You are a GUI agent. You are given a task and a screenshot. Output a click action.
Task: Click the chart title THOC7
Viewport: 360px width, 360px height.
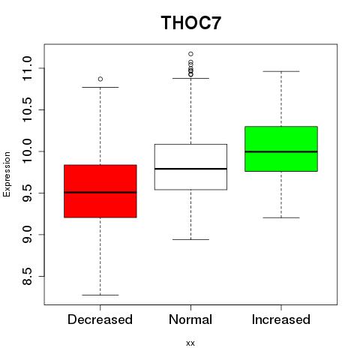coord(191,22)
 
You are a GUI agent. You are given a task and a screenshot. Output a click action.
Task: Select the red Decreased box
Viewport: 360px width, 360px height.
coord(100,191)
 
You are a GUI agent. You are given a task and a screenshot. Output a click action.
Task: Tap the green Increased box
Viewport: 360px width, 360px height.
coord(281,148)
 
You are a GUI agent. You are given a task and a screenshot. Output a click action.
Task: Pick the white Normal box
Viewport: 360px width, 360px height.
coord(190,167)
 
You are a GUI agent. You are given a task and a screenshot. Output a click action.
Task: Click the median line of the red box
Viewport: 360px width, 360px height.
coord(100,192)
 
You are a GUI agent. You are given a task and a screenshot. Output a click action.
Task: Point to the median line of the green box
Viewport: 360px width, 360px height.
coord(281,151)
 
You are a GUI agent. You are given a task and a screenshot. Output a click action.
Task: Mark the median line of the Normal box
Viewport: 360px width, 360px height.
coord(190,169)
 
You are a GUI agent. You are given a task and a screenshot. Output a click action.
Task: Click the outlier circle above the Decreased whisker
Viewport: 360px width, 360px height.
coord(100,79)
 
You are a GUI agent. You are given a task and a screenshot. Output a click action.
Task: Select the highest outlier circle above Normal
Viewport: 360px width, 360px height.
coord(190,54)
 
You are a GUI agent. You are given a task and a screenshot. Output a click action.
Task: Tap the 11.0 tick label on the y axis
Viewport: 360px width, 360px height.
coord(27,68)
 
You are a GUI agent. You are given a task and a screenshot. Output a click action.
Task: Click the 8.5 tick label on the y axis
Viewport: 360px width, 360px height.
coord(27,276)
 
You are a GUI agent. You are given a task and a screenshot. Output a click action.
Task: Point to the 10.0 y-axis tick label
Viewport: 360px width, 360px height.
coord(27,151)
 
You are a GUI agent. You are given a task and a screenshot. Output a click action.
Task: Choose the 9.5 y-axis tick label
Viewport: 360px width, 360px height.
coord(27,193)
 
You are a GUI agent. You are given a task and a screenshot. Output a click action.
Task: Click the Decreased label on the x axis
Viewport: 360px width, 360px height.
coord(100,319)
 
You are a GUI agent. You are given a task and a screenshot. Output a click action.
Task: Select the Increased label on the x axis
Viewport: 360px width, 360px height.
coord(281,319)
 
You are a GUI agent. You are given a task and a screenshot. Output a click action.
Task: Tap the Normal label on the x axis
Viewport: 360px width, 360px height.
coord(190,319)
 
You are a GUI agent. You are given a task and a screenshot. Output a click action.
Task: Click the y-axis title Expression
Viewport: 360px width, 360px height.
coord(7,174)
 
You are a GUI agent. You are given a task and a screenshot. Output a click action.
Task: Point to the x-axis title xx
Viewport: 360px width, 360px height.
coord(190,343)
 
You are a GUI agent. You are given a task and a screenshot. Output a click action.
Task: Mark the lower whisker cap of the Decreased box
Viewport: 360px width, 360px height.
coord(100,295)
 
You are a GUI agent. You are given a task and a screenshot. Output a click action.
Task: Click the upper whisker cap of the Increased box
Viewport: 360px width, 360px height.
coord(281,71)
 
